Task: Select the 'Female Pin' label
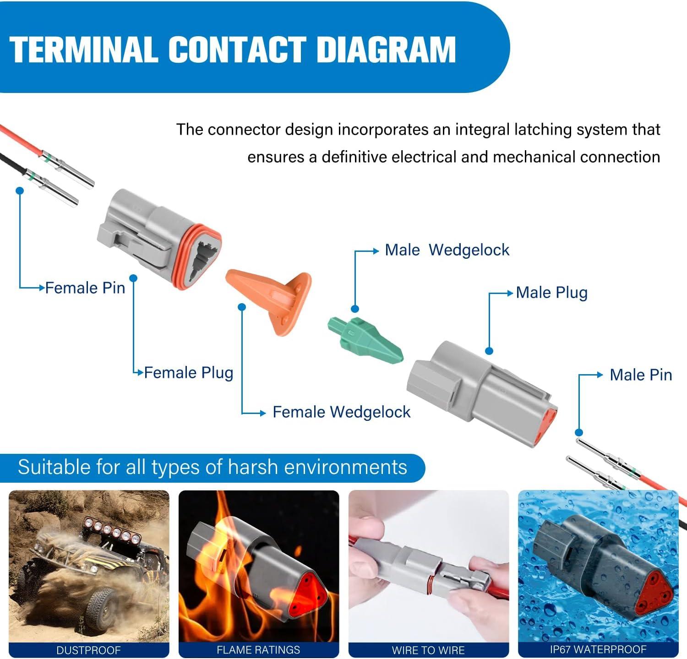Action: click(85, 288)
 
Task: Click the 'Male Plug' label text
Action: click(551, 293)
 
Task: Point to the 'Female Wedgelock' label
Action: click(341, 412)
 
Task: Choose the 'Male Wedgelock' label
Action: click(447, 250)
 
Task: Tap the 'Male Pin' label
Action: click(641, 375)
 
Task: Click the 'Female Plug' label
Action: click(189, 373)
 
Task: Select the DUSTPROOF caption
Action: click(88, 650)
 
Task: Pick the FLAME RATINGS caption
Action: click(258, 650)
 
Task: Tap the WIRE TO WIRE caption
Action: click(428, 650)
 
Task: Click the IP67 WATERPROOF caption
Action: click(598, 649)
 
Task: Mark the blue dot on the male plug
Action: click(489, 351)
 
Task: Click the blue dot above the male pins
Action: click(579, 432)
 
